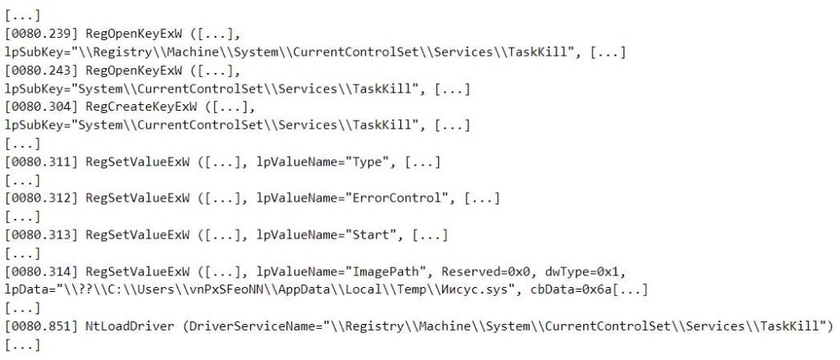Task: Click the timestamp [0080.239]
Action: [x=42, y=34]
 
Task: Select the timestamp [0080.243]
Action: [x=42, y=71]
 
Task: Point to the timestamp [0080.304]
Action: [x=42, y=107]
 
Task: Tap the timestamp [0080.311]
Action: [x=42, y=162]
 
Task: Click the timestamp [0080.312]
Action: [x=42, y=198]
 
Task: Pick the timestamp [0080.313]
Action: [x=42, y=235]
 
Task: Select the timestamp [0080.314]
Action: [x=42, y=271]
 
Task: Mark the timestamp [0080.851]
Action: [x=42, y=326]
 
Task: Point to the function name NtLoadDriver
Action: [x=130, y=326]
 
